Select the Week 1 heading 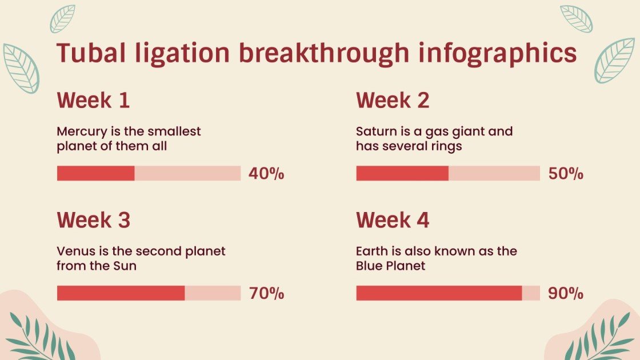[x=93, y=101]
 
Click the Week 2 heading [x=393, y=101]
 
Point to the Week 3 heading [x=94, y=220]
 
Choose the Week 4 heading [x=393, y=220]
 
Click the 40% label [x=266, y=174]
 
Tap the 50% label [x=566, y=174]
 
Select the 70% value [x=266, y=294]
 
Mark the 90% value [x=566, y=294]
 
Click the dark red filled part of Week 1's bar [x=95, y=173]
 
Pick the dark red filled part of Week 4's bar [x=439, y=293]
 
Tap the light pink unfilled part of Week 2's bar [x=494, y=173]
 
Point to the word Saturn [x=374, y=131]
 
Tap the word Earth [x=371, y=251]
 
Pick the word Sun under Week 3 [x=125, y=266]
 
